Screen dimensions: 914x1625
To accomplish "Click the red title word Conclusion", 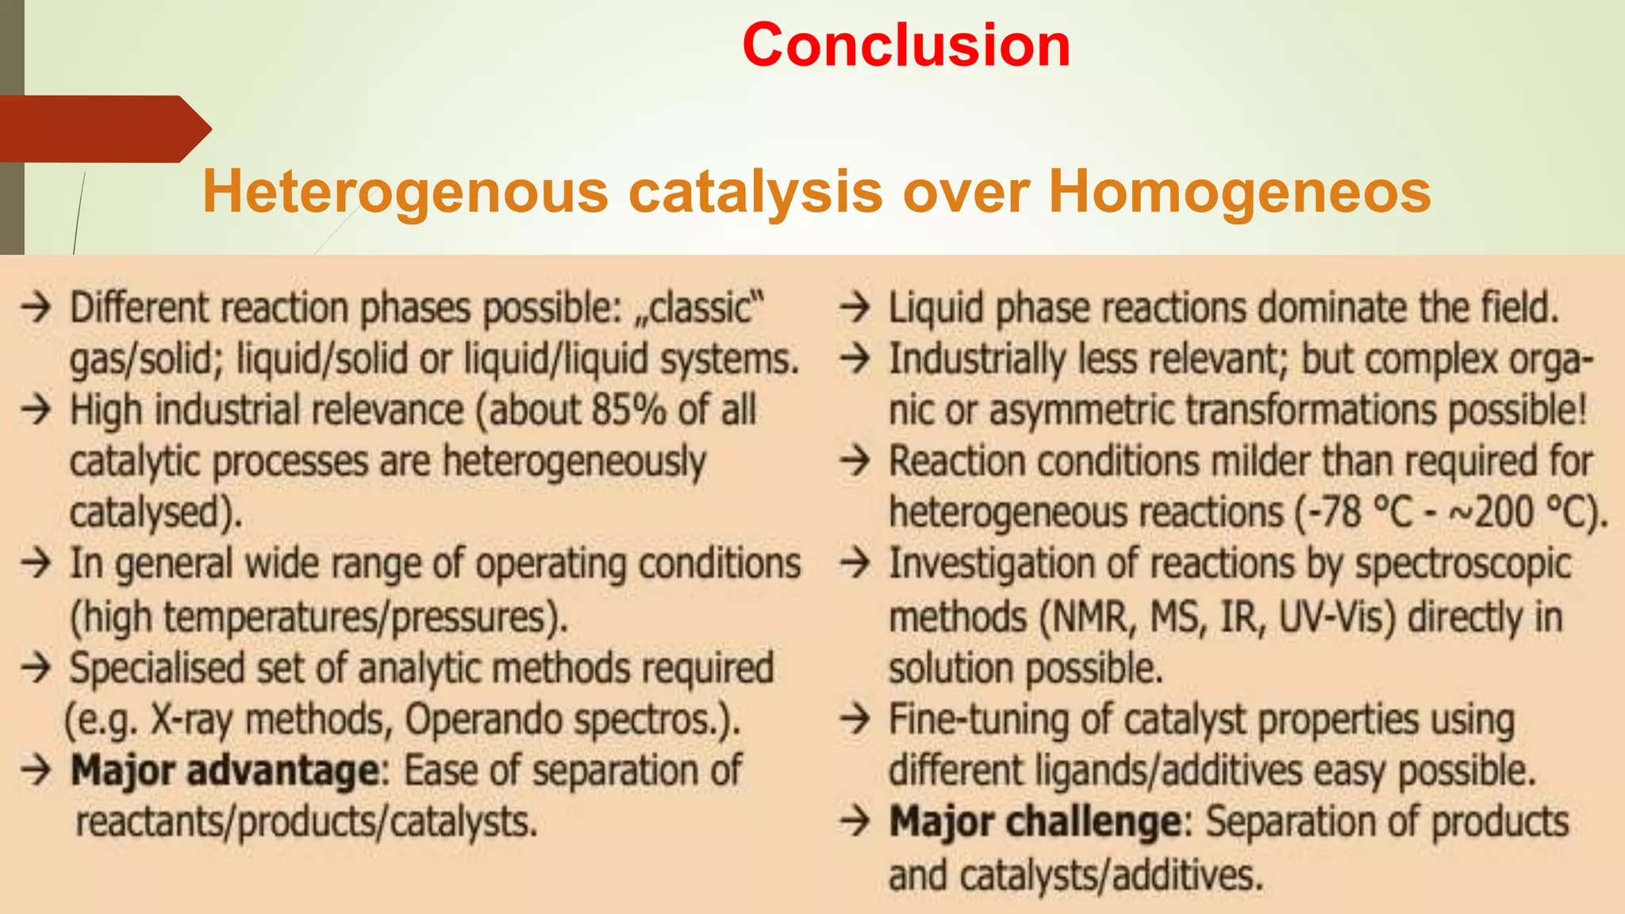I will coord(906,45).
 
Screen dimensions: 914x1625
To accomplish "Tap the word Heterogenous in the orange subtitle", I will coord(405,192).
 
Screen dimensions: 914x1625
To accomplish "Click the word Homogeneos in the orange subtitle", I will coord(1239,192).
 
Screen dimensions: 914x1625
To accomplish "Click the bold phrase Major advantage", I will coord(225,771).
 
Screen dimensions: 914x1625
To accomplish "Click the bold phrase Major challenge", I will coord(1035,822).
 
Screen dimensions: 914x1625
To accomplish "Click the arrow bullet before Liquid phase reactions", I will coord(855,307).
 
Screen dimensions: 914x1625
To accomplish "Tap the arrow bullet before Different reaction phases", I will coord(36,307).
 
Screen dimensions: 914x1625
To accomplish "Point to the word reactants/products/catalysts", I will coord(306,823).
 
